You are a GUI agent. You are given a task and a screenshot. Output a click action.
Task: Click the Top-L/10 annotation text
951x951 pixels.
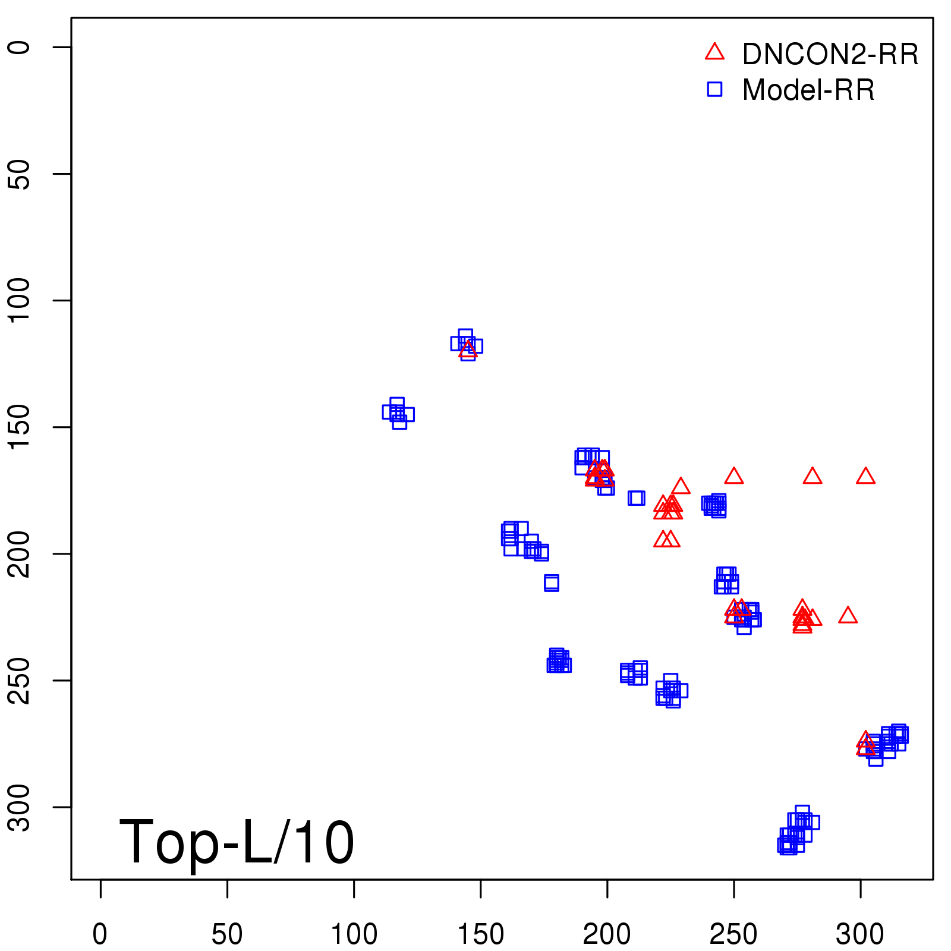pyautogui.click(x=237, y=842)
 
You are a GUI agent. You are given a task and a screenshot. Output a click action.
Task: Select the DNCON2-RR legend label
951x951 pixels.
pyautogui.click(x=830, y=55)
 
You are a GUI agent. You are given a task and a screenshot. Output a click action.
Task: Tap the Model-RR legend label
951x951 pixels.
pyautogui.click(x=808, y=90)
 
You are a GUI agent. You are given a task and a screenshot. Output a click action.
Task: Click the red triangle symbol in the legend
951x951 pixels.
pyautogui.click(x=714, y=52)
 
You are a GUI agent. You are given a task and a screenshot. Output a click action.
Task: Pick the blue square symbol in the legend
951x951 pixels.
pyautogui.click(x=714, y=89)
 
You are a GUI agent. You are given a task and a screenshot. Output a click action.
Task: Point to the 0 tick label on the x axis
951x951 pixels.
pyautogui.click(x=100, y=934)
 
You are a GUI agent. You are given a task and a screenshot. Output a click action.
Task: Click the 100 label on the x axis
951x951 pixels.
pyautogui.click(x=354, y=934)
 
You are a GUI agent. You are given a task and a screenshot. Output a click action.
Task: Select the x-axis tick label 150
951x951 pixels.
pyautogui.click(x=480, y=934)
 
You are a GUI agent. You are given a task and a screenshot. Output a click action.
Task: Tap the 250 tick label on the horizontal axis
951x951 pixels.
pyautogui.click(x=733, y=934)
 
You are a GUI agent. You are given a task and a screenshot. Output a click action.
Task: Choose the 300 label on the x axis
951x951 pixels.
pyautogui.click(x=860, y=934)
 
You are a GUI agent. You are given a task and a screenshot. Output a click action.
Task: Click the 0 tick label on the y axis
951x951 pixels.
pyautogui.click(x=19, y=48)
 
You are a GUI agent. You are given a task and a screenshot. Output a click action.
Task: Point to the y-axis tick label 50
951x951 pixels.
pyautogui.click(x=19, y=174)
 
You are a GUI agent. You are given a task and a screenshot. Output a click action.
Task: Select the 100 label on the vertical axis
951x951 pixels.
pyautogui.click(x=19, y=300)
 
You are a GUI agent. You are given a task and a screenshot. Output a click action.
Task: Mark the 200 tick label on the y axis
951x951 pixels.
pyautogui.click(x=19, y=554)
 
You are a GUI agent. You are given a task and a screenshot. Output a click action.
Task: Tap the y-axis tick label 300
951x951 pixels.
pyautogui.click(x=19, y=807)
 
